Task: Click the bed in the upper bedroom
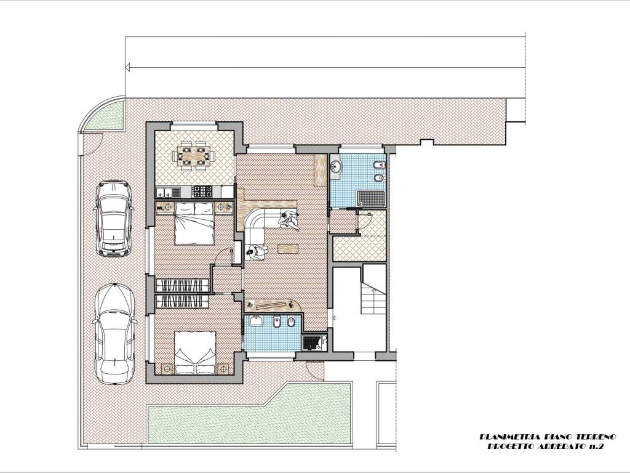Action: pos(194,224)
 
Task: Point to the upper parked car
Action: pos(113,218)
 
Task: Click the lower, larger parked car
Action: pos(114,334)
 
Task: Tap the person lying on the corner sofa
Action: pos(289,220)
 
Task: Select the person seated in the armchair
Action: pos(257,253)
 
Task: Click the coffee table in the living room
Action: pos(288,249)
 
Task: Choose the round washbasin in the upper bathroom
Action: pos(336,166)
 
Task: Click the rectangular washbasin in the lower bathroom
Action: pos(256,321)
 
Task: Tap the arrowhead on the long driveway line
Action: pos(129,67)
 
